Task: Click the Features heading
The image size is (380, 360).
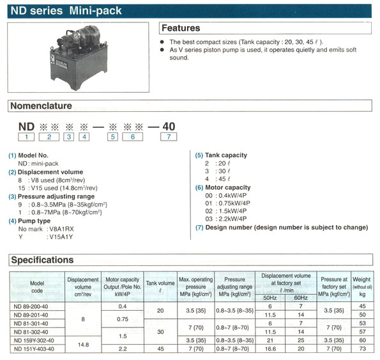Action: [x=181, y=28]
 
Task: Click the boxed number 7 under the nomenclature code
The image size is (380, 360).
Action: [x=169, y=137]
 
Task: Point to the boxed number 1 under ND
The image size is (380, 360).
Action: [x=25, y=137]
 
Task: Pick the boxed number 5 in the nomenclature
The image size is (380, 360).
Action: [x=112, y=137]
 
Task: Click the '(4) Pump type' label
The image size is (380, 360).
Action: [x=30, y=221]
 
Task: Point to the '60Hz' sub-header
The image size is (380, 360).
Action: [x=301, y=298]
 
